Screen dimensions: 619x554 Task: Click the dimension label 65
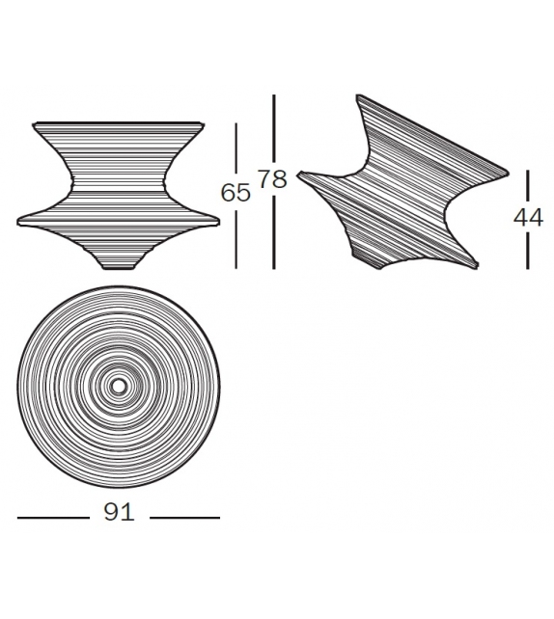pyautogui.click(x=236, y=193)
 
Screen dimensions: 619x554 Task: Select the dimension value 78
pyautogui.click(x=274, y=179)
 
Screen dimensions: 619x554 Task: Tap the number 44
pyautogui.click(x=528, y=218)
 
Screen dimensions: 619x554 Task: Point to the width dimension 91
pyautogui.click(x=119, y=514)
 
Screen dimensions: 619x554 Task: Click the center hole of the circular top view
pyautogui.click(x=119, y=387)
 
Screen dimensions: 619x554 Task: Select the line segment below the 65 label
pyautogui.click(x=236, y=237)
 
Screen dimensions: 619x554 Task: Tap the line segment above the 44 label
pyautogui.click(x=528, y=187)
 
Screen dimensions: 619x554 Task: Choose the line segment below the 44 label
pyautogui.click(x=528, y=250)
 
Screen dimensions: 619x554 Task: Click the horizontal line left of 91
pyautogui.click(x=52, y=518)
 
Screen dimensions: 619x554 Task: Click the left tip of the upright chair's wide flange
pyautogui.click(x=18, y=220)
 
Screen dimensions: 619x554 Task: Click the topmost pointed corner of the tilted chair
pyautogui.click(x=358, y=96)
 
